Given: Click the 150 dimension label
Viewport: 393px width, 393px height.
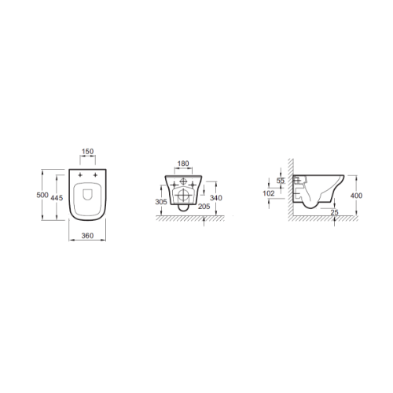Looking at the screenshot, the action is (87, 152).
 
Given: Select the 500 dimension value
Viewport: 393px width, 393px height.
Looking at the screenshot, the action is (42, 195).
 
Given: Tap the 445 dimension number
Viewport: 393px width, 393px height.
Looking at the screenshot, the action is (57, 197).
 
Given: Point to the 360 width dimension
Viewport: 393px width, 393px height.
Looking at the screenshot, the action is (87, 236).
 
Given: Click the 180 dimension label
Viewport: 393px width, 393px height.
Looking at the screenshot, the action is (183, 163).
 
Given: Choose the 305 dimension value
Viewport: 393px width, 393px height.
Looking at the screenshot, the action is (161, 202).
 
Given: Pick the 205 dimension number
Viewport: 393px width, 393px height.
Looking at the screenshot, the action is (204, 207).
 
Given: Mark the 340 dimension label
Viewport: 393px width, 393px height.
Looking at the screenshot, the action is (216, 198).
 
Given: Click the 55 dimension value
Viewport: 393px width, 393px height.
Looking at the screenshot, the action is (281, 181).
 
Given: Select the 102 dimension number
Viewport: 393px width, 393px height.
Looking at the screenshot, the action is (269, 193).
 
